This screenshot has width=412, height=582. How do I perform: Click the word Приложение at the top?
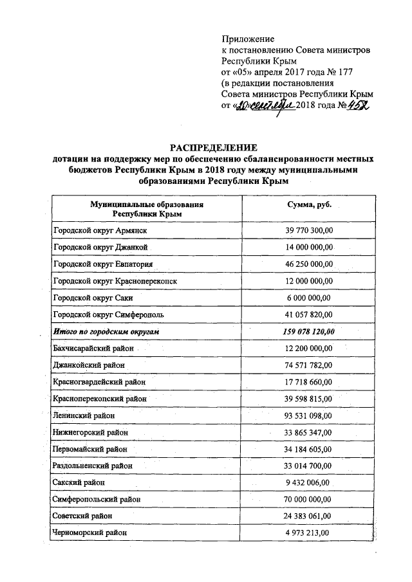pyautogui.click(x=248, y=40)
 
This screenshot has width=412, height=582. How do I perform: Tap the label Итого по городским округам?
pyautogui.click(x=106, y=331)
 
